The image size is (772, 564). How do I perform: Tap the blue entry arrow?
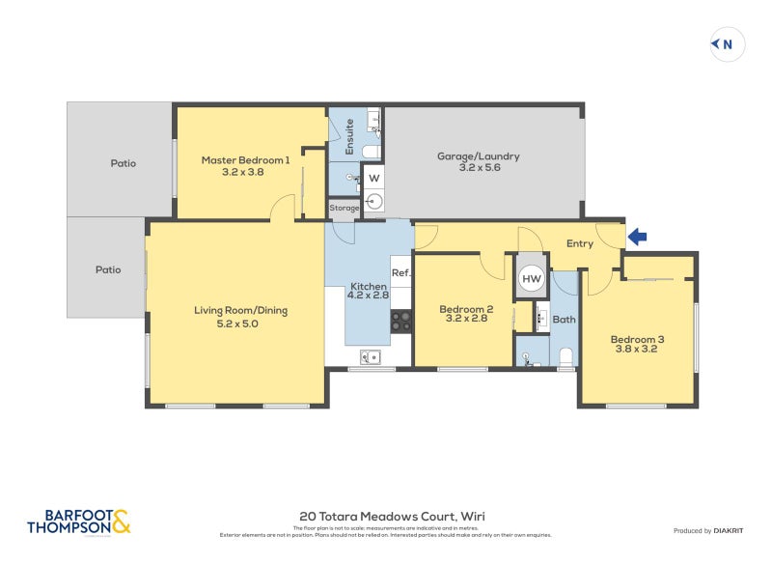[639, 236]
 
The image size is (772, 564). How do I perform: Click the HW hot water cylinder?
[532, 278]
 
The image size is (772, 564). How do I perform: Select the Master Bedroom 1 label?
[245, 165]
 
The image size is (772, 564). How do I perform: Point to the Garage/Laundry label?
[478, 161]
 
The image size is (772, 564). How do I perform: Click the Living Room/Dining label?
[240, 317]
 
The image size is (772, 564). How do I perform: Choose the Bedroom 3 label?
[637, 345]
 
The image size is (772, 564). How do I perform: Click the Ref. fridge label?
[401, 273]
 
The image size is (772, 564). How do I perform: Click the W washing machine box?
[373, 179]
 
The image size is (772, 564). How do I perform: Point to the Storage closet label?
[345, 208]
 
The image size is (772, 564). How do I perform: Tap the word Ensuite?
[350, 136]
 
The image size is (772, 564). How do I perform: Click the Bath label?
[564, 319]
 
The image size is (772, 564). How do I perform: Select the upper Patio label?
[122, 163]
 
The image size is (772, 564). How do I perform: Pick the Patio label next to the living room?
[107, 269]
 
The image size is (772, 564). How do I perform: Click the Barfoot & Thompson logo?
[78, 522]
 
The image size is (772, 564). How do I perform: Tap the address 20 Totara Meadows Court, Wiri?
[393, 517]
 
